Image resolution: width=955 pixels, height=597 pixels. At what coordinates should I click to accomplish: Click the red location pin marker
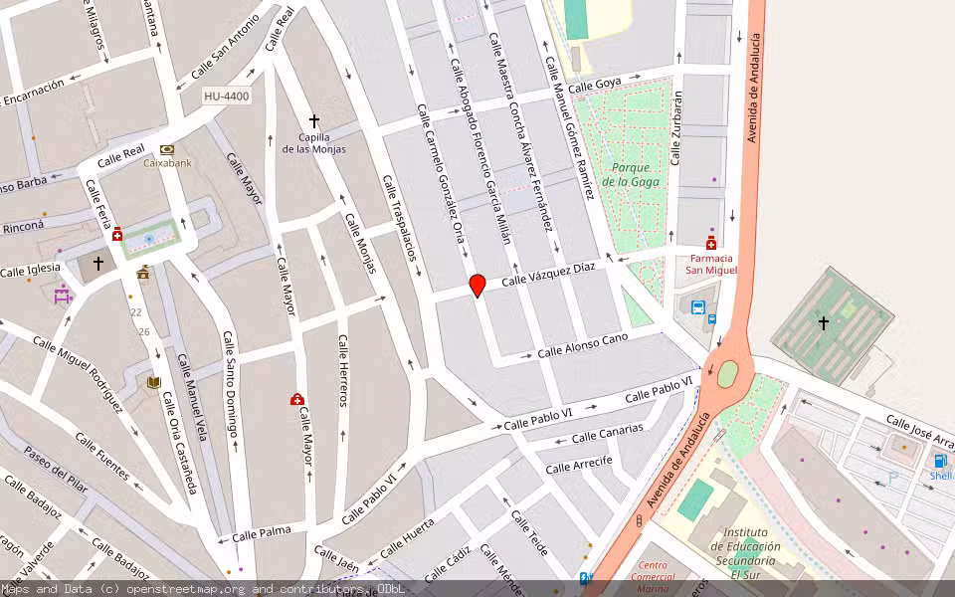tap(477, 285)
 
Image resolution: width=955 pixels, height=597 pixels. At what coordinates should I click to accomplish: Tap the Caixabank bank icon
tap(167, 148)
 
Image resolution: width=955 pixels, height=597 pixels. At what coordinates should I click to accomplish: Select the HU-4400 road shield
tap(226, 97)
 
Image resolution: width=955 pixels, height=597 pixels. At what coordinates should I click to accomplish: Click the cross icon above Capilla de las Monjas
tap(314, 119)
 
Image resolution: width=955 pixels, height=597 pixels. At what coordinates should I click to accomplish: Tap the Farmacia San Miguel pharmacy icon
tap(710, 244)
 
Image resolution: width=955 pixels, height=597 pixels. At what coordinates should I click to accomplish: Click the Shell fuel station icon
tap(940, 461)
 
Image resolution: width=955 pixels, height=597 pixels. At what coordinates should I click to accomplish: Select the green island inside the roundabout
tap(728, 373)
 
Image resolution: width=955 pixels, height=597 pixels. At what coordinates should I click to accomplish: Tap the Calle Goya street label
tap(595, 85)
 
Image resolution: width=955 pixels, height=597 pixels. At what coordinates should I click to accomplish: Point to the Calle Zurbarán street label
tap(676, 127)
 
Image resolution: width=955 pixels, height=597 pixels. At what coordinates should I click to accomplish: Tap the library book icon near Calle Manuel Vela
tap(153, 382)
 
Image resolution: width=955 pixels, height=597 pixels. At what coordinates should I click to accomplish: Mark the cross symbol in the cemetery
tap(824, 322)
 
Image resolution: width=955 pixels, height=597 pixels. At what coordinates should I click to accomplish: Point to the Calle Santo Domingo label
tap(230, 384)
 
